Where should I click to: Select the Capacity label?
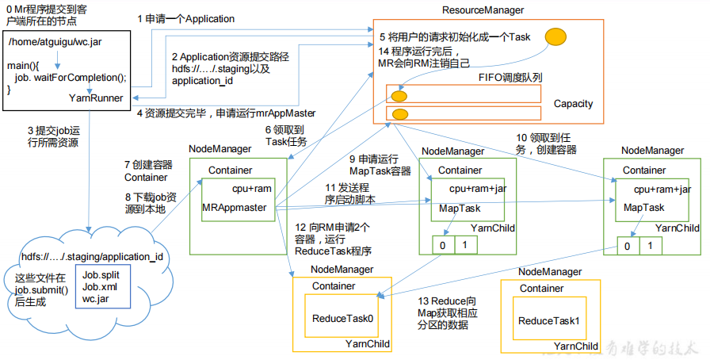point(573,104)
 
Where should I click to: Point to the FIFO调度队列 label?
point(510,78)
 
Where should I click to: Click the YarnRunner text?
point(96,98)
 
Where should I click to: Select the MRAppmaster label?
point(234,207)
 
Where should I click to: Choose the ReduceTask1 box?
point(549,320)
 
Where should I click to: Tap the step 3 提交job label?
point(53,136)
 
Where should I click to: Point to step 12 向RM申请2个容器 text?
point(331,239)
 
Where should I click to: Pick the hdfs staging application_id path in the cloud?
point(92,256)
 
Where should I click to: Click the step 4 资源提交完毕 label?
point(226,113)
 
